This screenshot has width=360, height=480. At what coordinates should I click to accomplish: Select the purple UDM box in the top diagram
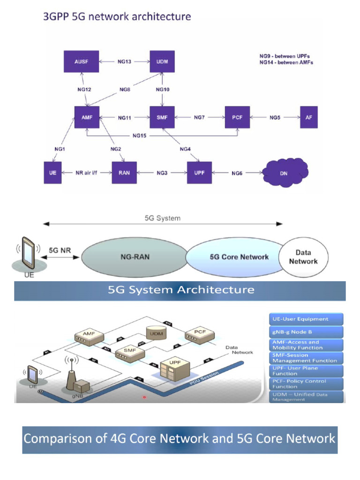click(162, 61)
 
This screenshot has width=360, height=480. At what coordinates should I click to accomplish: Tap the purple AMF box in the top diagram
click(87, 117)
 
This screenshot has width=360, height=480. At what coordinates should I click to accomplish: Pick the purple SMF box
click(162, 117)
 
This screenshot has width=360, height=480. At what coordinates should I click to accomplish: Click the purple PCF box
click(237, 117)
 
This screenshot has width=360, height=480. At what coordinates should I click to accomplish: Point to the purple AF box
click(308, 117)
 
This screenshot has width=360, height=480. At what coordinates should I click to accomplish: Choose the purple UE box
click(52, 172)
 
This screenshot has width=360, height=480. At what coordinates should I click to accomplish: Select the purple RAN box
click(124, 172)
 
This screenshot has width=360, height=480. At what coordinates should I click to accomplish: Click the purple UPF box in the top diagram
click(199, 172)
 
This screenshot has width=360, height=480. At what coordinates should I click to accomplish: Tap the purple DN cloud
click(284, 173)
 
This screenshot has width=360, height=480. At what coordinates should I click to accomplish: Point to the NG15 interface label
click(139, 136)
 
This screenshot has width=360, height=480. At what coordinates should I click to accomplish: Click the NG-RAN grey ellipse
click(134, 257)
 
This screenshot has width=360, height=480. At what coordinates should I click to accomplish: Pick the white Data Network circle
click(303, 257)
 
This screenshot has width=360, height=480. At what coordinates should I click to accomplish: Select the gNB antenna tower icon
click(72, 375)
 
